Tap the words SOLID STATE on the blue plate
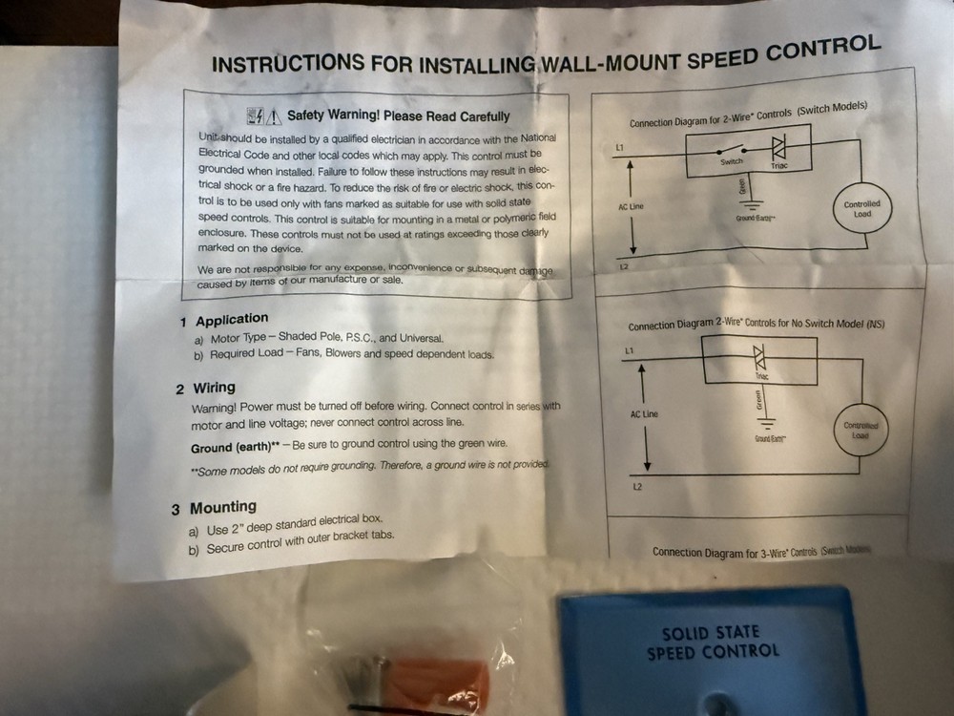710,633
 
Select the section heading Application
232,319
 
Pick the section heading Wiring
214,388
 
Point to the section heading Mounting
222,507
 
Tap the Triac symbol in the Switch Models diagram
778,150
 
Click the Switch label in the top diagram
731,163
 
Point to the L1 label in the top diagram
620,148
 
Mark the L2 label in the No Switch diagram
636,487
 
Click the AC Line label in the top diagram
631,207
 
